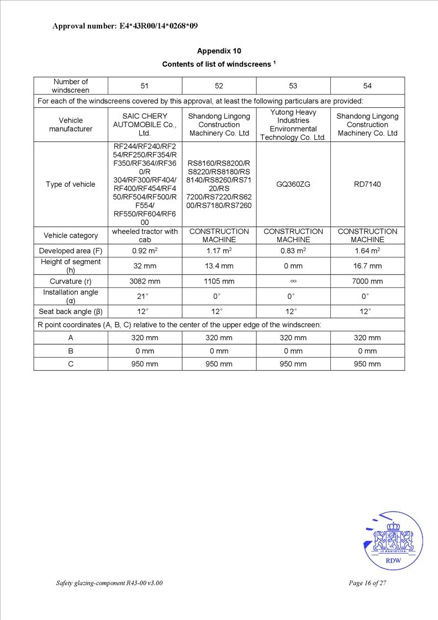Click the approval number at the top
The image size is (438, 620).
click(125, 26)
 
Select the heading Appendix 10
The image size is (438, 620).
click(219, 51)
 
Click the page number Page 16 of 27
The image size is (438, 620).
click(367, 583)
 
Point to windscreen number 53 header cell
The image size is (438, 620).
click(293, 86)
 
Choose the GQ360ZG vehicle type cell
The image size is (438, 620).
click(293, 184)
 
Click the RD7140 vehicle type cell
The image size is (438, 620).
click(367, 184)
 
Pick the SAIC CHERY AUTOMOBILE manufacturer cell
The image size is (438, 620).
click(145, 124)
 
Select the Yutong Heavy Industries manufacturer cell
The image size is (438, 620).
click(293, 124)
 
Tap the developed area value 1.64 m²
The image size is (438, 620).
click(367, 251)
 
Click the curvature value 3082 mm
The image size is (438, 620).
click(145, 281)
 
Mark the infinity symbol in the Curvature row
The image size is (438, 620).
click(293, 281)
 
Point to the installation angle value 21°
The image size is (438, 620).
click(145, 296)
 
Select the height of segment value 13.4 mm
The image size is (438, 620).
click(219, 266)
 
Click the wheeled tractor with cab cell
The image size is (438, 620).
click(145, 235)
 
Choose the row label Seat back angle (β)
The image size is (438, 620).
click(71, 311)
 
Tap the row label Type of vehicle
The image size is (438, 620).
click(71, 184)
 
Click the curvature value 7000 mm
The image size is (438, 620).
click(367, 281)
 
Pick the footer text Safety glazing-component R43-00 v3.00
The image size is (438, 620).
click(109, 583)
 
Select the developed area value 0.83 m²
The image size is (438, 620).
click(293, 251)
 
